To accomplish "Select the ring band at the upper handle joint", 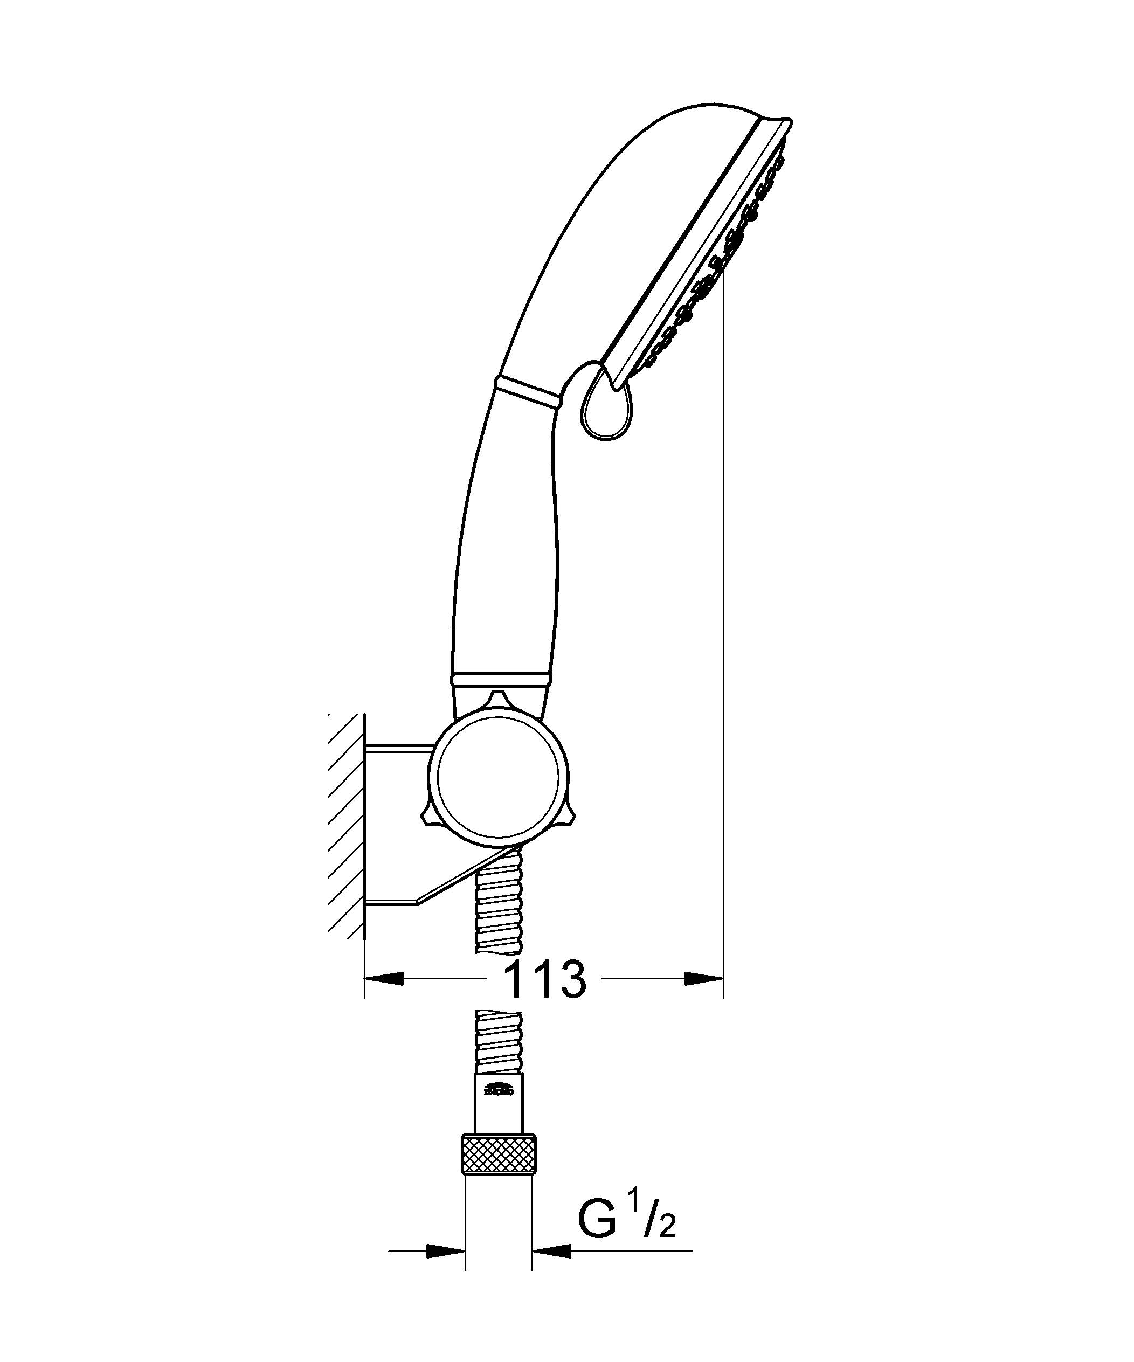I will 527,392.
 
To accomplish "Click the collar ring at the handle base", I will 501,679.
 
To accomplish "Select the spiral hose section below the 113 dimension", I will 497,1050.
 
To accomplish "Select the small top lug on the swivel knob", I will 497,699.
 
